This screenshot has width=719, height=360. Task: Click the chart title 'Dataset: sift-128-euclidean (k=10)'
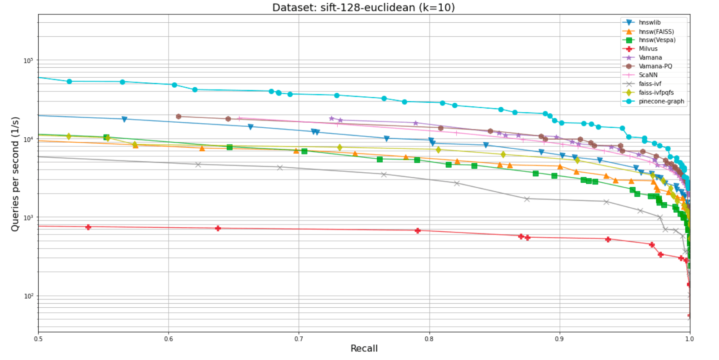tap(363, 7)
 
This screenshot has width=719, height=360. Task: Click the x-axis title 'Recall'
tap(364, 349)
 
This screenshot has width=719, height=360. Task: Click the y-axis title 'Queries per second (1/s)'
tap(15, 174)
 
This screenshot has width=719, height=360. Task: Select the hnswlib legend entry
tap(649, 22)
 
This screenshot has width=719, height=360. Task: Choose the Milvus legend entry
tap(648, 49)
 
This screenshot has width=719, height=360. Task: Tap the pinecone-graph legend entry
tap(661, 101)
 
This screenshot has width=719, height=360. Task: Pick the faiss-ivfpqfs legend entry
tap(656, 92)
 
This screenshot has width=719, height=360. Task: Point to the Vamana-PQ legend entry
tap(655, 66)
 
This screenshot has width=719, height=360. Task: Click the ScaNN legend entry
tap(648, 75)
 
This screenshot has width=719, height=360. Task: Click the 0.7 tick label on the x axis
tap(299, 339)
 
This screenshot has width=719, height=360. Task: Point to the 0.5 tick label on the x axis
tap(38, 339)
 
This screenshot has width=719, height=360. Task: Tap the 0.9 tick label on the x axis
tap(559, 339)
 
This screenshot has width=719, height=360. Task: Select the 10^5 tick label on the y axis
tap(28, 60)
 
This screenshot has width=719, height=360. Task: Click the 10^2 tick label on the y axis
tap(28, 296)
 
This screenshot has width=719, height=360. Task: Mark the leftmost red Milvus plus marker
tap(88, 227)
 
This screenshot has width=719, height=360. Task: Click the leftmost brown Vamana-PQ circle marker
tap(179, 116)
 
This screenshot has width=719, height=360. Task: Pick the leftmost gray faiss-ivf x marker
tap(198, 165)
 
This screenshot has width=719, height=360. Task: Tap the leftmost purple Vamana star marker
tap(331, 118)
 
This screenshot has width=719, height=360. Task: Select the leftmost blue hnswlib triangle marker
tap(124, 119)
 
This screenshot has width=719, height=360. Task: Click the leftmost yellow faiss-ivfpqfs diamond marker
tap(69, 136)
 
